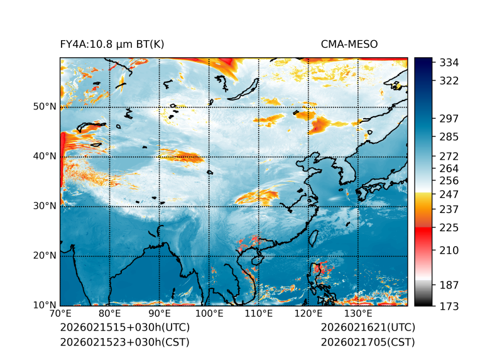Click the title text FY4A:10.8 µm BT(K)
[x=112, y=44]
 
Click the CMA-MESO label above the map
[x=349, y=44]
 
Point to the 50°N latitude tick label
[x=45, y=106]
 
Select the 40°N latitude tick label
[x=45, y=156]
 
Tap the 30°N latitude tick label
[x=45, y=205]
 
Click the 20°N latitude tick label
[x=45, y=255]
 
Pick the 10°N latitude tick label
[x=45, y=305]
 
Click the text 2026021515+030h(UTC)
[x=124, y=327]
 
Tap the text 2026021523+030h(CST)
[x=124, y=342]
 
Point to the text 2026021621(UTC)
[x=368, y=327]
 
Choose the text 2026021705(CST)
[x=368, y=342]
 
